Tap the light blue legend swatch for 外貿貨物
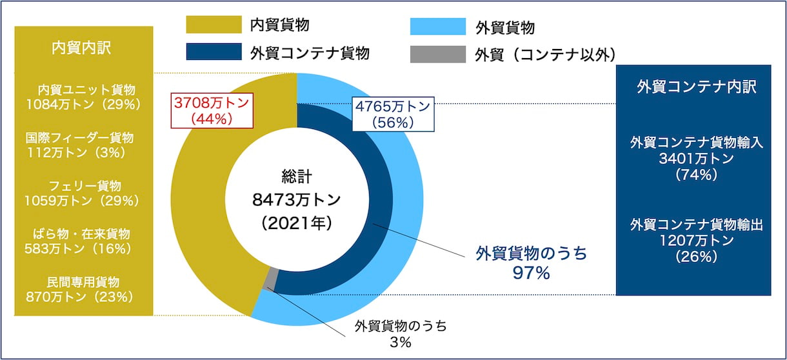click(x=437, y=26)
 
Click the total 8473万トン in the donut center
click(x=296, y=200)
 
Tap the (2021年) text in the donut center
click(x=296, y=223)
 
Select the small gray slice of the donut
click(x=274, y=279)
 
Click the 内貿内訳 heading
click(x=83, y=48)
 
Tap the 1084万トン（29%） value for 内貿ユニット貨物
click(x=83, y=104)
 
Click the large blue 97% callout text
click(x=531, y=273)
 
